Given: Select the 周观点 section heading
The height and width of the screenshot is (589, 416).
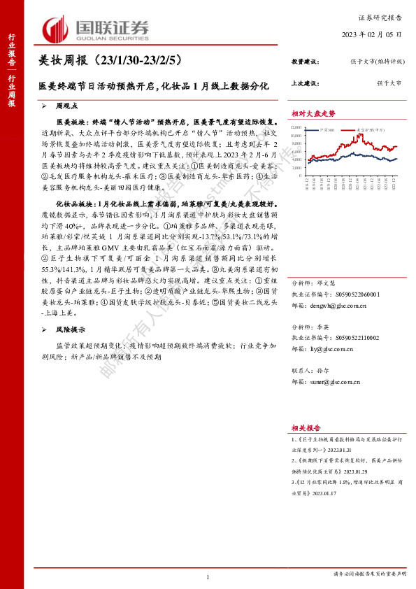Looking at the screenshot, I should tap(67, 106).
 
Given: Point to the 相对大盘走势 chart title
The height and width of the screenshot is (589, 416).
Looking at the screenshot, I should tap(313, 113).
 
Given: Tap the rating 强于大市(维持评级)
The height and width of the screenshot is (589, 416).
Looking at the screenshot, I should tap(378, 62).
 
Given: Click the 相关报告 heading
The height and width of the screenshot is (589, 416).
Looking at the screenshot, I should tap(306, 427).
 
